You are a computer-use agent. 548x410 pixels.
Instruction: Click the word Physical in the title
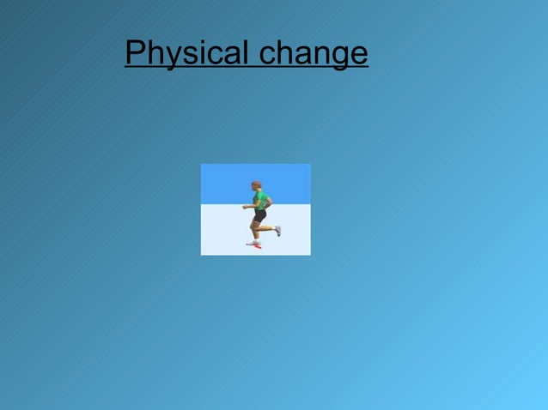click(186, 53)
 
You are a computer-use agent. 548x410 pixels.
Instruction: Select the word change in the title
click(314, 54)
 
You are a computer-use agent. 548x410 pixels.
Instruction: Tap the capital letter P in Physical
click(134, 52)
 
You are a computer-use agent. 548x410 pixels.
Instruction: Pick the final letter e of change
click(359, 56)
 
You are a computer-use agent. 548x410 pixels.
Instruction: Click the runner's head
click(256, 185)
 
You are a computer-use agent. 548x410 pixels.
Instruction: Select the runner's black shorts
click(259, 215)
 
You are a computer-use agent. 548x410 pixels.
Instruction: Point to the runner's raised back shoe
click(277, 230)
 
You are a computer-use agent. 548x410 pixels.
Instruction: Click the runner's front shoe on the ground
click(253, 243)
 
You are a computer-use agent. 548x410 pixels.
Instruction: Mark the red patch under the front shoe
click(257, 246)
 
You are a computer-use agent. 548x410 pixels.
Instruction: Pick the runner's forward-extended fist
click(245, 207)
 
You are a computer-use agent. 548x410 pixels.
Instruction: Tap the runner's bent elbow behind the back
click(268, 203)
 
